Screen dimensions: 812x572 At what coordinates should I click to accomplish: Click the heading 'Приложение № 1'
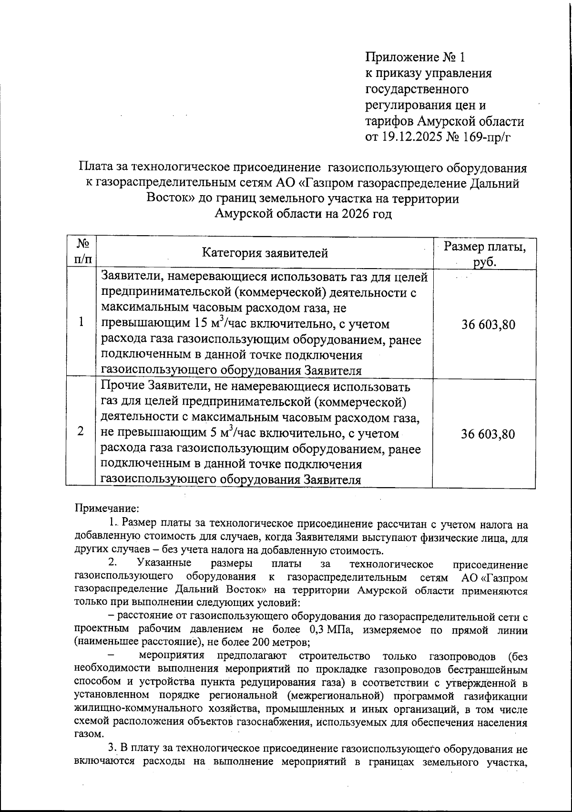(415, 58)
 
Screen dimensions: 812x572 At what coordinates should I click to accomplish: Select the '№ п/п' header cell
(82, 252)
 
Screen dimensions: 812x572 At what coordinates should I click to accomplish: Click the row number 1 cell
(82, 323)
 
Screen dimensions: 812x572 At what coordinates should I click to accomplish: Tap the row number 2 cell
(82, 431)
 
